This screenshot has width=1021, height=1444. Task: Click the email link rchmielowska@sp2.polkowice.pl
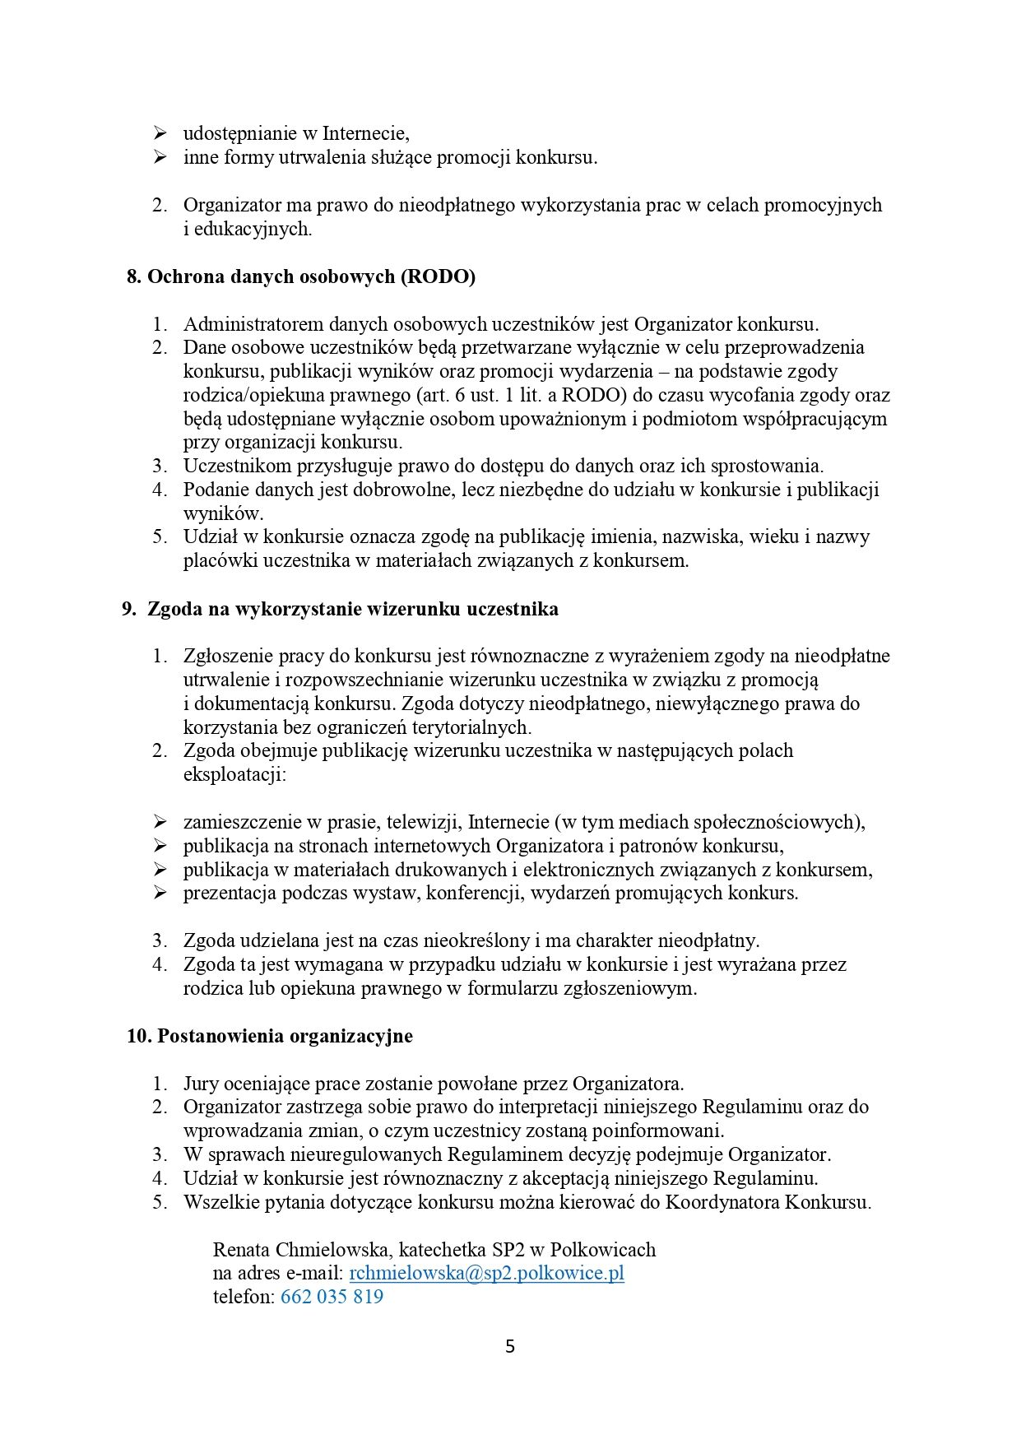point(486,1273)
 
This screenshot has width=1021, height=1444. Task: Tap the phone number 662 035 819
point(332,1297)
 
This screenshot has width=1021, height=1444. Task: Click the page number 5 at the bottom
point(510,1347)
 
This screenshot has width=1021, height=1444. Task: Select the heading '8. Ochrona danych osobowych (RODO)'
point(301,276)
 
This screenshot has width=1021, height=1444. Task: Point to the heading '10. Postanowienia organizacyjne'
point(270,1035)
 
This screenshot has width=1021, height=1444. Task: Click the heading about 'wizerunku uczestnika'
point(341,609)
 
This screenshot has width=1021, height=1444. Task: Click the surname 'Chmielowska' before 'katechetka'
point(333,1249)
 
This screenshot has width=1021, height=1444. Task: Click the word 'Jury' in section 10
point(202,1083)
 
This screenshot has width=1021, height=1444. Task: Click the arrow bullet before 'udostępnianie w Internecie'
point(160,133)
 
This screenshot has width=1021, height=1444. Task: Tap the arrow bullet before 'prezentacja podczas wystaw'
point(160,893)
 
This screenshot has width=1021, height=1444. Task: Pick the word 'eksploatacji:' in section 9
point(234,774)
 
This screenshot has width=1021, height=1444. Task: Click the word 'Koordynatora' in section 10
point(721,1201)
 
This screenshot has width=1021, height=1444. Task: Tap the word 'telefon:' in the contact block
point(244,1297)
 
